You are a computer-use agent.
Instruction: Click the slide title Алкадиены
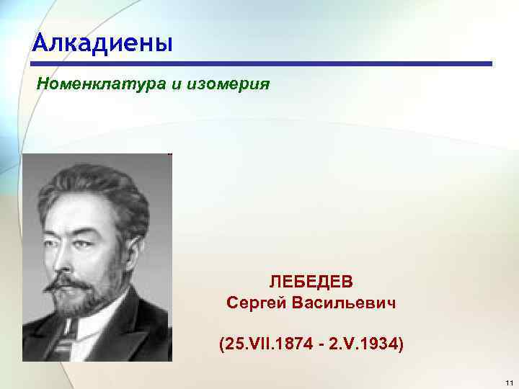tap(102, 44)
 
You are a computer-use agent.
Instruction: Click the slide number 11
tap(508, 381)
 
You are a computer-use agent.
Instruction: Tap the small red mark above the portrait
tap(169, 153)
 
